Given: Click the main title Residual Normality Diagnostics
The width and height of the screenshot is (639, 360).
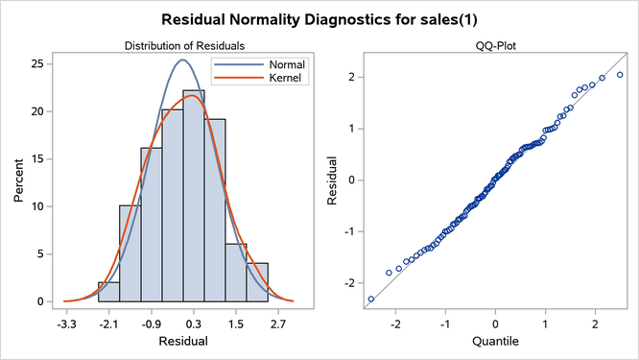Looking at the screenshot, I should (319, 19).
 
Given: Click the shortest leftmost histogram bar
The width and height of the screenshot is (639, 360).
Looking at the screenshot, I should (108, 292).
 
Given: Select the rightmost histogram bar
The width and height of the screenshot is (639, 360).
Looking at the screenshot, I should (257, 282).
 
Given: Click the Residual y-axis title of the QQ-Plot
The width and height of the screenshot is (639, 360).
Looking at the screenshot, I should (332, 179).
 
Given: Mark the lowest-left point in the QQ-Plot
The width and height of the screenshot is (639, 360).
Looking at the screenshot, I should (371, 300).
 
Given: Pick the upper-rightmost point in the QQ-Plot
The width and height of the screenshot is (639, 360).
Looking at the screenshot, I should (620, 75).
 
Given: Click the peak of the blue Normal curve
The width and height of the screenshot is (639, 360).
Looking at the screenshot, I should (182, 60).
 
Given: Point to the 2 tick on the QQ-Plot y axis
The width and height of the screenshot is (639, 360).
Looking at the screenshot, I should (352, 76).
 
